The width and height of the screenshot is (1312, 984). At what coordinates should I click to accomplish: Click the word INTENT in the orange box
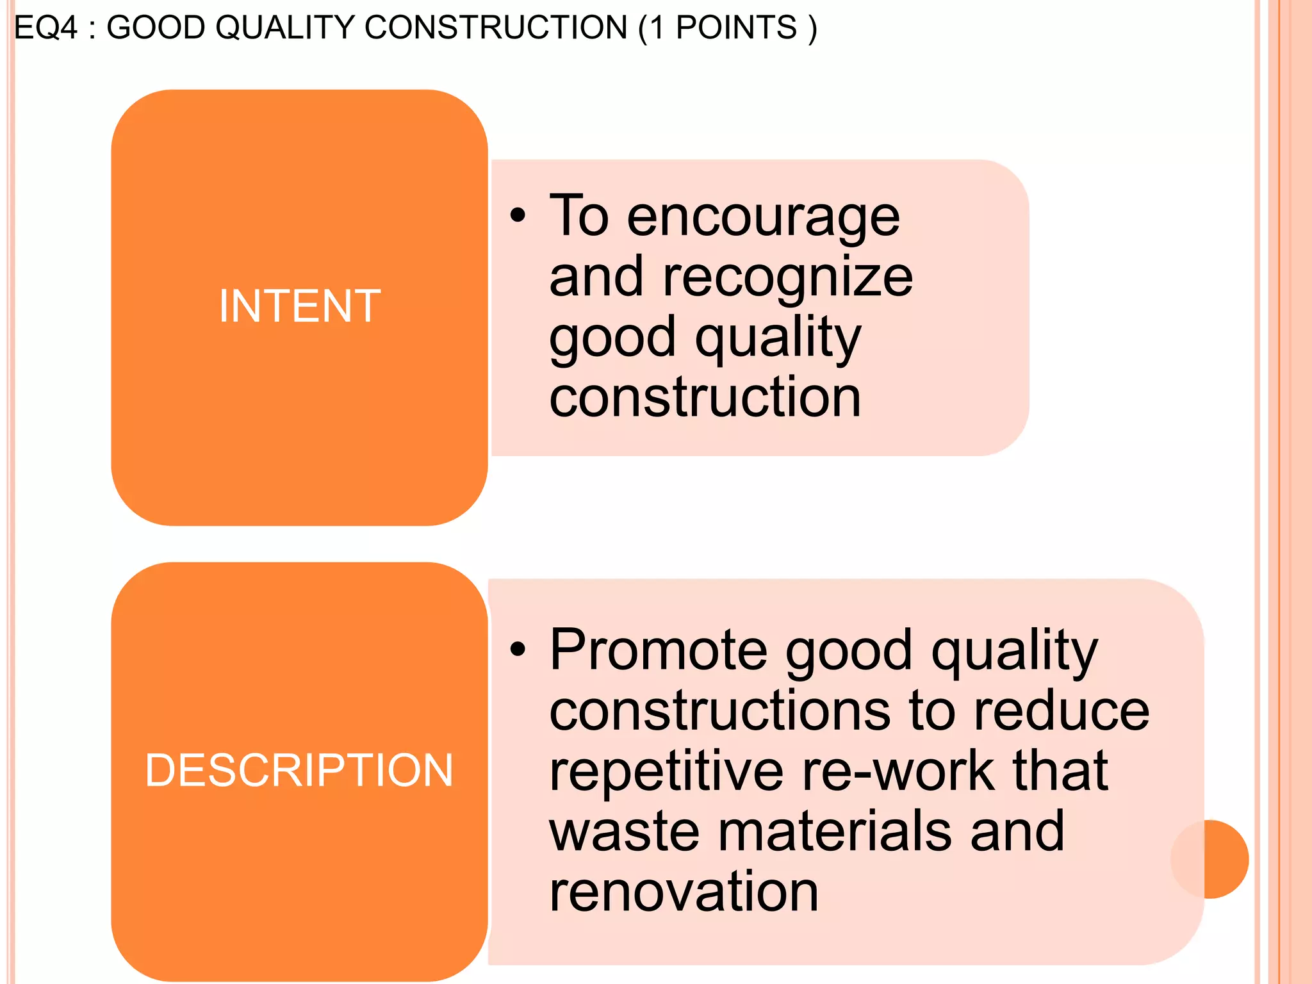(x=300, y=306)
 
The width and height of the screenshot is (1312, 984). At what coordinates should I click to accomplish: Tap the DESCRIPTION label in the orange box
(x=299, y=770)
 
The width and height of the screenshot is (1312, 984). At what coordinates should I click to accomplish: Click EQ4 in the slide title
(x=45, y=28)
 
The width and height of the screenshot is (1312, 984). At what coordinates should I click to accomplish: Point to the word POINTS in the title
(x=736, y=28)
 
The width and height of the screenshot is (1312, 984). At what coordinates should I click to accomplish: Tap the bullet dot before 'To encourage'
(x=518, y=216)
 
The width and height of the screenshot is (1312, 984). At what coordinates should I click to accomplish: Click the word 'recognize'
(x=788, y=278)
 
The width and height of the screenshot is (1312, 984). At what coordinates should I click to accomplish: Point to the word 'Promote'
(x=659, y=650)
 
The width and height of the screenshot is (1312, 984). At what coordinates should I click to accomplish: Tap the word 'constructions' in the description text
(x=720, y=711)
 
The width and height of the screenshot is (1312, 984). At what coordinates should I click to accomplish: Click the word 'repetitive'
(x=666, y=771)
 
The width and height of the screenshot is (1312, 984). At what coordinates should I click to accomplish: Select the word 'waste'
(x=624, y=832)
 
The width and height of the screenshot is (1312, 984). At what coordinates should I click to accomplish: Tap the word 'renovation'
(x=684, y=892)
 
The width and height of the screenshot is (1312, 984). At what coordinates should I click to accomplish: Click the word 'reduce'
(x=1062, y=711)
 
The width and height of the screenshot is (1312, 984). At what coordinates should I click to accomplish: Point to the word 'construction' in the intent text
(x=705, y=398)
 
